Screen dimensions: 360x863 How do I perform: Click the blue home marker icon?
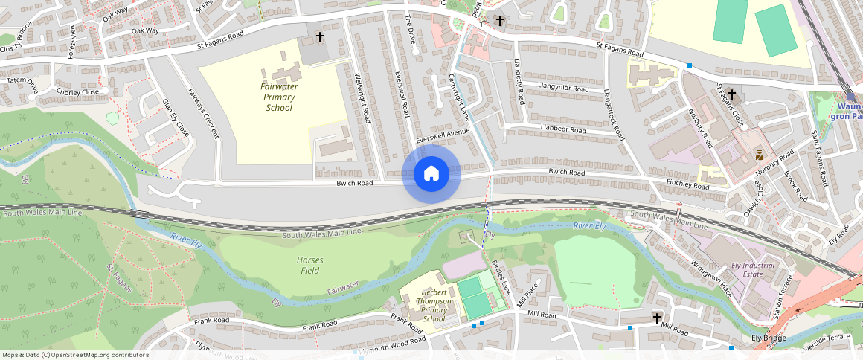coord(431,174)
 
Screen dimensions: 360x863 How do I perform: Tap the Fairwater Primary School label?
coord(279,97)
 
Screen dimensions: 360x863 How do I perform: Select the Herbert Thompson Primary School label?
coord(434,306)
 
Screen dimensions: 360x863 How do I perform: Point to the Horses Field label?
coord(309,265)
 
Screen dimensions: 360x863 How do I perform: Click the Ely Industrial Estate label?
coord(753,269)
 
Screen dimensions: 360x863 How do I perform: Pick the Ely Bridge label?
coord(769,338)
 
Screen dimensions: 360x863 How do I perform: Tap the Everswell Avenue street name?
coord(444,137)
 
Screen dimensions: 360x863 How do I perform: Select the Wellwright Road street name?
coord(363,98)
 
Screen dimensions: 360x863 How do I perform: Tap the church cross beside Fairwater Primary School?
coord(320,36)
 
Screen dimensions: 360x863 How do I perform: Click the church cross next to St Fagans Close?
coord(732,94)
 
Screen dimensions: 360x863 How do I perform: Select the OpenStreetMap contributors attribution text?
coord(75,355)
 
